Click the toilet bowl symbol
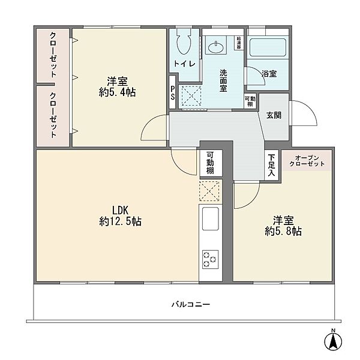[184, 42]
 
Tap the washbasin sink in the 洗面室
[216, 47]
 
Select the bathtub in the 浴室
[268, 47]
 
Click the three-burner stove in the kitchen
[210, 259]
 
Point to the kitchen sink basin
[211, 218]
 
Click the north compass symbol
[333, 340]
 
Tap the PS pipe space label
[172, 92]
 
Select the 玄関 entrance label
[274, 115]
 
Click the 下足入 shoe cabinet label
[271, 165]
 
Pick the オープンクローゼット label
[307, 161]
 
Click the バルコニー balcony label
[191, 305]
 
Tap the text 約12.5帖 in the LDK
[121, 222]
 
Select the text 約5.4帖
[118, 92]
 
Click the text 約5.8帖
[283, 231]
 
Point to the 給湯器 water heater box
[239, 43]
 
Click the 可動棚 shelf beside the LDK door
[211, 163]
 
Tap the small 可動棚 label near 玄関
[250, 101]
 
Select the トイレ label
[184, 64]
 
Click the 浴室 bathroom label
[269, 74]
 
